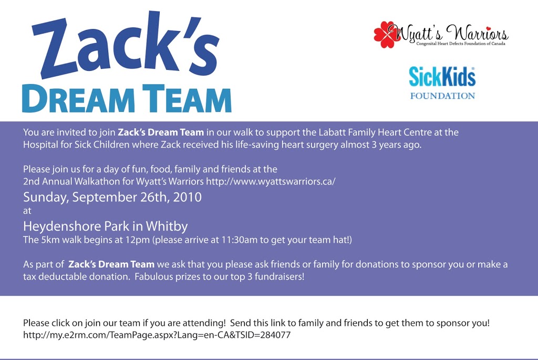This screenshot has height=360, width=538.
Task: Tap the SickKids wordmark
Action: click(442, 77)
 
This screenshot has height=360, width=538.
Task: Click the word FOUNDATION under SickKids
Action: click(442, 96)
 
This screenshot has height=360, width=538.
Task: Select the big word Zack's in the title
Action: click(126, 45)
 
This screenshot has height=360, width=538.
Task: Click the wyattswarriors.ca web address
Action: click(271, 181)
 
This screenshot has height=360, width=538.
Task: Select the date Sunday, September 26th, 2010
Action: click(112, 197)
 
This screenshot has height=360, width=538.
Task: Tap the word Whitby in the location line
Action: click(167, 227)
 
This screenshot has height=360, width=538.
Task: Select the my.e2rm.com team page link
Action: click(157, 335)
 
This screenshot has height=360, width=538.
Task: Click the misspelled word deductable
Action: click(62, 276)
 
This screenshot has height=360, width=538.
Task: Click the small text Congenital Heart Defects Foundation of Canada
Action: click(460, 44)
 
